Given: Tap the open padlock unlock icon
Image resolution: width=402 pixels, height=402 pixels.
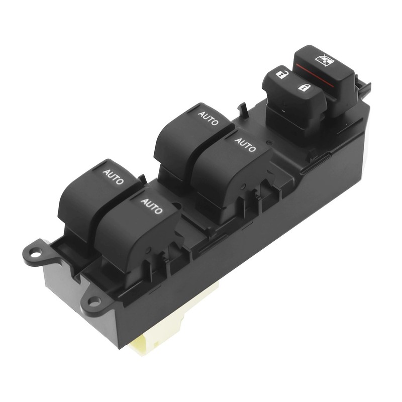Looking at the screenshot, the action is pyautogui.click(x=282, y=74).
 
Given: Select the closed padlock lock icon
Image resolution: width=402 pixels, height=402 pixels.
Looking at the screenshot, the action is pyautogui.click(x=305, y=87).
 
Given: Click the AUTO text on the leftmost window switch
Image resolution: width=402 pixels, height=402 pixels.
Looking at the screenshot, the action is pyautogui.click(x=113, y=176).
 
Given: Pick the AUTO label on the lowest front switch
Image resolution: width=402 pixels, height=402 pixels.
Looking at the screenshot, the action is pyautogui.click(x=152, y=206).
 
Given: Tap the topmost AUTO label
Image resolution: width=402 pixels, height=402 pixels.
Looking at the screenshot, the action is pyautogui.click(x=208, y=118).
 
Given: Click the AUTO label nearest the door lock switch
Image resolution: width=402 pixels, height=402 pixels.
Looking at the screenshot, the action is pyautogui.click(x=245, y=145).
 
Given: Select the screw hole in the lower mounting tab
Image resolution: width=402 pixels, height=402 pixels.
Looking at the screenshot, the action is pyautogui.click(x=94, y=302).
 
